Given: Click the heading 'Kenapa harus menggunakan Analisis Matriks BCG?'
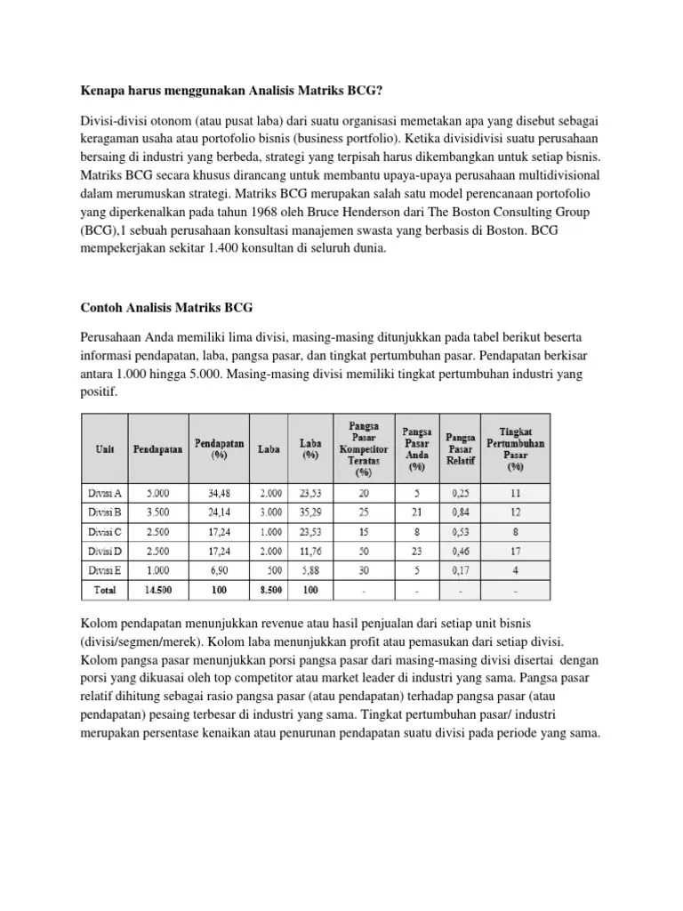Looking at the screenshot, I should tap(233, 91).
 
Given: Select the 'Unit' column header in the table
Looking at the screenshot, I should tap(104, 448).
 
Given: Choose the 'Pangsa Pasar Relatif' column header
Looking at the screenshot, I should tap(461, 448).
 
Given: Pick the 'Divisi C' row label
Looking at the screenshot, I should tap(104, 532).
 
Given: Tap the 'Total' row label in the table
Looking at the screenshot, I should tap(104, 589).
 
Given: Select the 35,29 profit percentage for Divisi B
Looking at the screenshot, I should tap(309, 512).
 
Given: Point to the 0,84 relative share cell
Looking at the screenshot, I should tap(461, 512).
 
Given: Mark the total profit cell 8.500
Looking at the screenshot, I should tap(269, 589).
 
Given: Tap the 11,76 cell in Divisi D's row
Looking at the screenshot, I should tap(309, 552).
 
